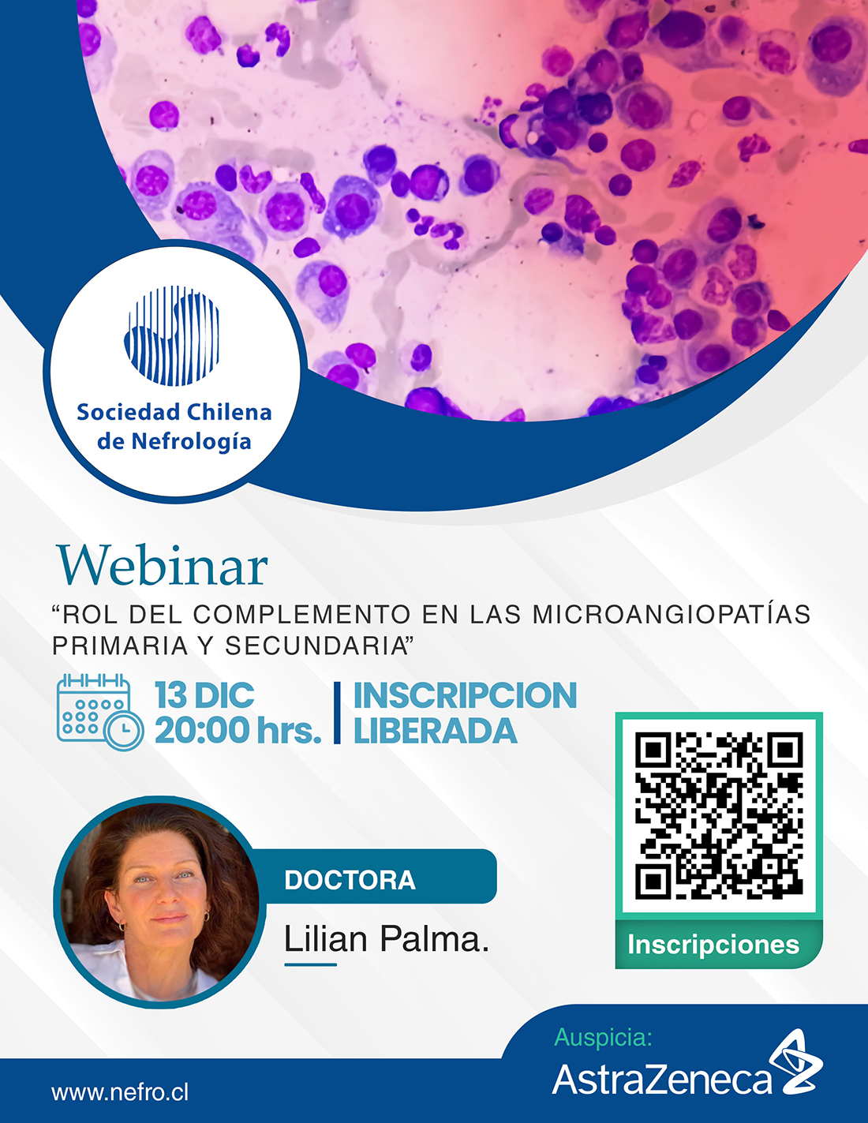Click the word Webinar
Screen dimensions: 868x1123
[x=163, y=565]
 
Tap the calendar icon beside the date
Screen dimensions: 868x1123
[x=99, y=712]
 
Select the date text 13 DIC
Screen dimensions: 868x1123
[x=204, y=694]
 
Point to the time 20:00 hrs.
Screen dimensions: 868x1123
[x=238, y=730]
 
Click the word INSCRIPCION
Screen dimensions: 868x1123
[x=465, y=695]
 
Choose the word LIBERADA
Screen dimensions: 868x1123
[x=435, y=730]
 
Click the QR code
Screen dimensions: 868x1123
[x=719, y=815]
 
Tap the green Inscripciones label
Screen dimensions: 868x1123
[x=713, y=944]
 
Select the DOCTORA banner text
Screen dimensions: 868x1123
[x=350, y=880]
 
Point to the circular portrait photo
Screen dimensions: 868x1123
[x=159, y=902]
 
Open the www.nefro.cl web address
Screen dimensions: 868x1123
[x=120, y=1092]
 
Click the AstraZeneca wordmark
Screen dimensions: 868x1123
[x=662, y=1079]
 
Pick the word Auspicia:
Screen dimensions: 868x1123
[x=604, y=1037]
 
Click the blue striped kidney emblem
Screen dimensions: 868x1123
[x=172, y=335]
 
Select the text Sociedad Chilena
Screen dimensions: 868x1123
[x=174, y=412]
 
